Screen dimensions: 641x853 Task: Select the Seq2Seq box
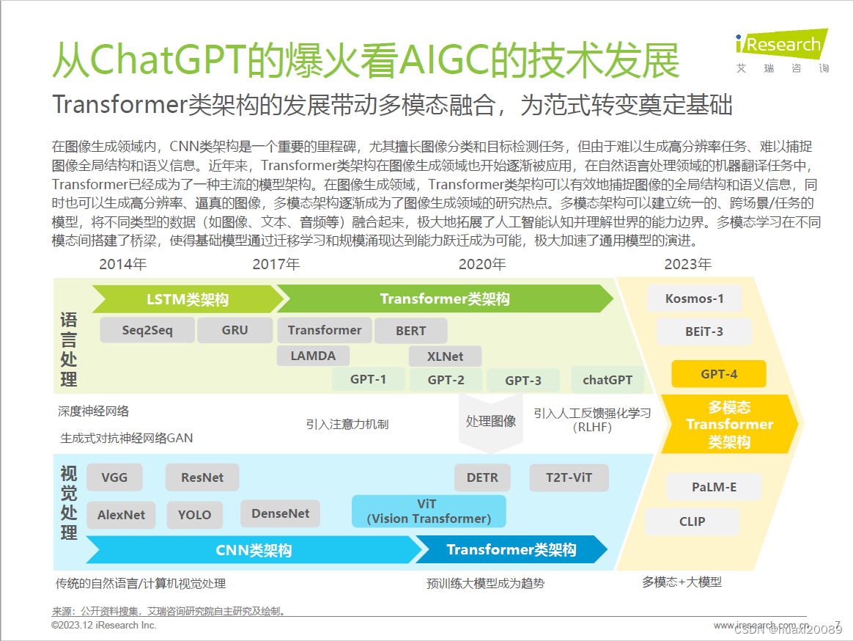tap(147, 330)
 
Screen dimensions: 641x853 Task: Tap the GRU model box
tap(235, 330)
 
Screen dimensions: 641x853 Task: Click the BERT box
tap(410, 331)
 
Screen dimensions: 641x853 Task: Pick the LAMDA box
tap(313, 356)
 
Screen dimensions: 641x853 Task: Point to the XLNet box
tap(446, 356)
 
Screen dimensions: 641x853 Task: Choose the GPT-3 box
tap(523, 380)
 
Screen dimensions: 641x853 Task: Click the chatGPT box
tap(608, 380)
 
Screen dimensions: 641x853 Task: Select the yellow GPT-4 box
tap(718, 374)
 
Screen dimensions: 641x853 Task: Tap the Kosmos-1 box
tap(694, 298)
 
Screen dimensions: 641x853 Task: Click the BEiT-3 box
tap(704, 332)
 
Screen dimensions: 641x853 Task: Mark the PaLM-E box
tap(714, 486)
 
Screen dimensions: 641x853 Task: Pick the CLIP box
tap(692, 521)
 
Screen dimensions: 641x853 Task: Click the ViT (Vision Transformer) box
tap(429, 511)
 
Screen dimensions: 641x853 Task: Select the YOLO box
tap(194, 515)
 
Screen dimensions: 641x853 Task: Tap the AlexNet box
tap(121, 515)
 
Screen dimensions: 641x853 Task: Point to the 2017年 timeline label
tap(276, 264)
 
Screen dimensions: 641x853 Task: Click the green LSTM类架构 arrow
tap(187, 299)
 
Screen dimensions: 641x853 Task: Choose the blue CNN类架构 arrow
tap(253, 550)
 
